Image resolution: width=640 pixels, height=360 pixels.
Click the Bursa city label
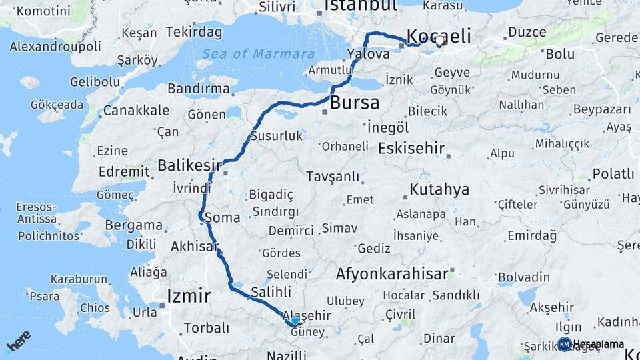[x=355, y=103]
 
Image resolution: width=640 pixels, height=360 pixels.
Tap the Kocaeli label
[x=439, y=35]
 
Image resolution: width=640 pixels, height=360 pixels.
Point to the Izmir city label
[x=189, y=295]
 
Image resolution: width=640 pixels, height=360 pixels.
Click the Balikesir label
[x=189, y=165]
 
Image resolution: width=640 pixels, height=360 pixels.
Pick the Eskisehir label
[x=411, y=148]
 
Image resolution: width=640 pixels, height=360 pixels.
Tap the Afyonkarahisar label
[x=391, y=273]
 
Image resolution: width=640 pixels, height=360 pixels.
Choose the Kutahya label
[x=439, y=189]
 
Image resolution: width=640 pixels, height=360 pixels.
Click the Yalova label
[x=367, y=55]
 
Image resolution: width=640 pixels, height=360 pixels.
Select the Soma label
[x=223, y=217]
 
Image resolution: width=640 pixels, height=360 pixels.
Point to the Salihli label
[x=271, y=291]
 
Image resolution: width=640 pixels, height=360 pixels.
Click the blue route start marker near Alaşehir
[x=295, y=321]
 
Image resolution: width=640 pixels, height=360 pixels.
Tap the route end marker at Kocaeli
[x=440, y=41]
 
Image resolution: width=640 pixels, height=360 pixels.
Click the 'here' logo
[x=18, y=340]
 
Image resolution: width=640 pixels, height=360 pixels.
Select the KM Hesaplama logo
[x=591, y=344]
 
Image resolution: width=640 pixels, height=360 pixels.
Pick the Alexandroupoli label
[x=55, y=47]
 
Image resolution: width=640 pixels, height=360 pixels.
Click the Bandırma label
[x=198, y=88]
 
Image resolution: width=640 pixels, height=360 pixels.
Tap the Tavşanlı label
[x=333, y=177]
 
